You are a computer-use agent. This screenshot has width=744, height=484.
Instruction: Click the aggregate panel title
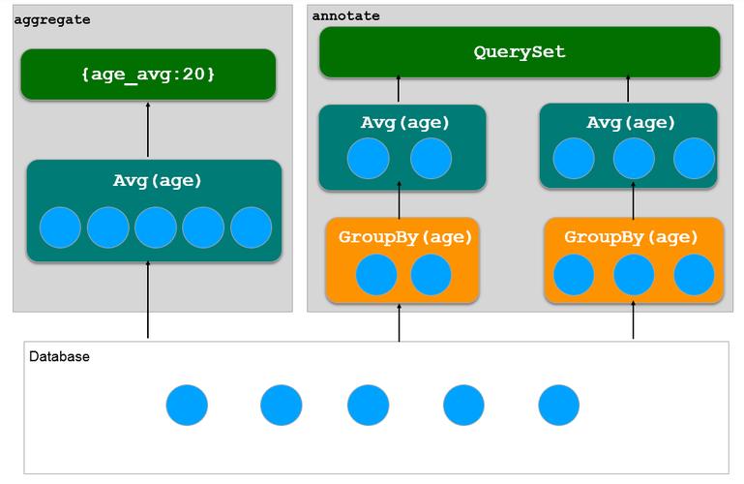(x=52, y=20)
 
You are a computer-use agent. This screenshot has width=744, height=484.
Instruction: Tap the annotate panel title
(x=346, y=15)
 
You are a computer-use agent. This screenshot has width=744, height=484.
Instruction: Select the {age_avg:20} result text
(x=148, y=75)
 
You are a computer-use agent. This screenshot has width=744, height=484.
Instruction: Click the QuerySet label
(x=520, y=51)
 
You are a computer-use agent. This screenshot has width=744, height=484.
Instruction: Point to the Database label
(x=59, y=356)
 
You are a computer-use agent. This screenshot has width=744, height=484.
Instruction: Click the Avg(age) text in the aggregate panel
(x=158, y=181)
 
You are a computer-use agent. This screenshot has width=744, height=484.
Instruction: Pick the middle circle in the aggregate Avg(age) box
(x=156, y=227)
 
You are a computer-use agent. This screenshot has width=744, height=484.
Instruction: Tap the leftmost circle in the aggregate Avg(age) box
(x=60, y=227)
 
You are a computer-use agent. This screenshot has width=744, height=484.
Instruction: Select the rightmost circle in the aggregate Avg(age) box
(x=251, y=227)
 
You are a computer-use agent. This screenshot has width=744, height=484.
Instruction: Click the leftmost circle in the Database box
(x=187, y=406)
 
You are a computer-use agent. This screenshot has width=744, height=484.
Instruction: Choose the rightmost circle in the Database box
(x=559, y=406)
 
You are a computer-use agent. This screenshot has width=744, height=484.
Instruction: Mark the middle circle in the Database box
(x=369, y=406)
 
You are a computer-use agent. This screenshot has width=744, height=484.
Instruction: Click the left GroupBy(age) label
(x=405, y=237)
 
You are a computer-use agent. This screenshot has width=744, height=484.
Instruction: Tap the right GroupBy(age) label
(x=631, y=237)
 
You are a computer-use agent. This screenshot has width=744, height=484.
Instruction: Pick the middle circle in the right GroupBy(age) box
(x=634, y=275)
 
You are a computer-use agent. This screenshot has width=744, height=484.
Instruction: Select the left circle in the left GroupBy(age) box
(x=376, y=275)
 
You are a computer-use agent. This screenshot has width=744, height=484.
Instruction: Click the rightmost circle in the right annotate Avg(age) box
(x=695, y=159)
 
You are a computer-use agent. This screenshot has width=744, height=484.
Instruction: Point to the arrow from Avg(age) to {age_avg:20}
(x=148, y=130)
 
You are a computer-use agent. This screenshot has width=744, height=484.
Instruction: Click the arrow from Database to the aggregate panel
(x=148, y=299)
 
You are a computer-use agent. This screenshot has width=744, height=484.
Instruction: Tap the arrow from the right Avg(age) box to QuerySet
(x=628, y=88)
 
